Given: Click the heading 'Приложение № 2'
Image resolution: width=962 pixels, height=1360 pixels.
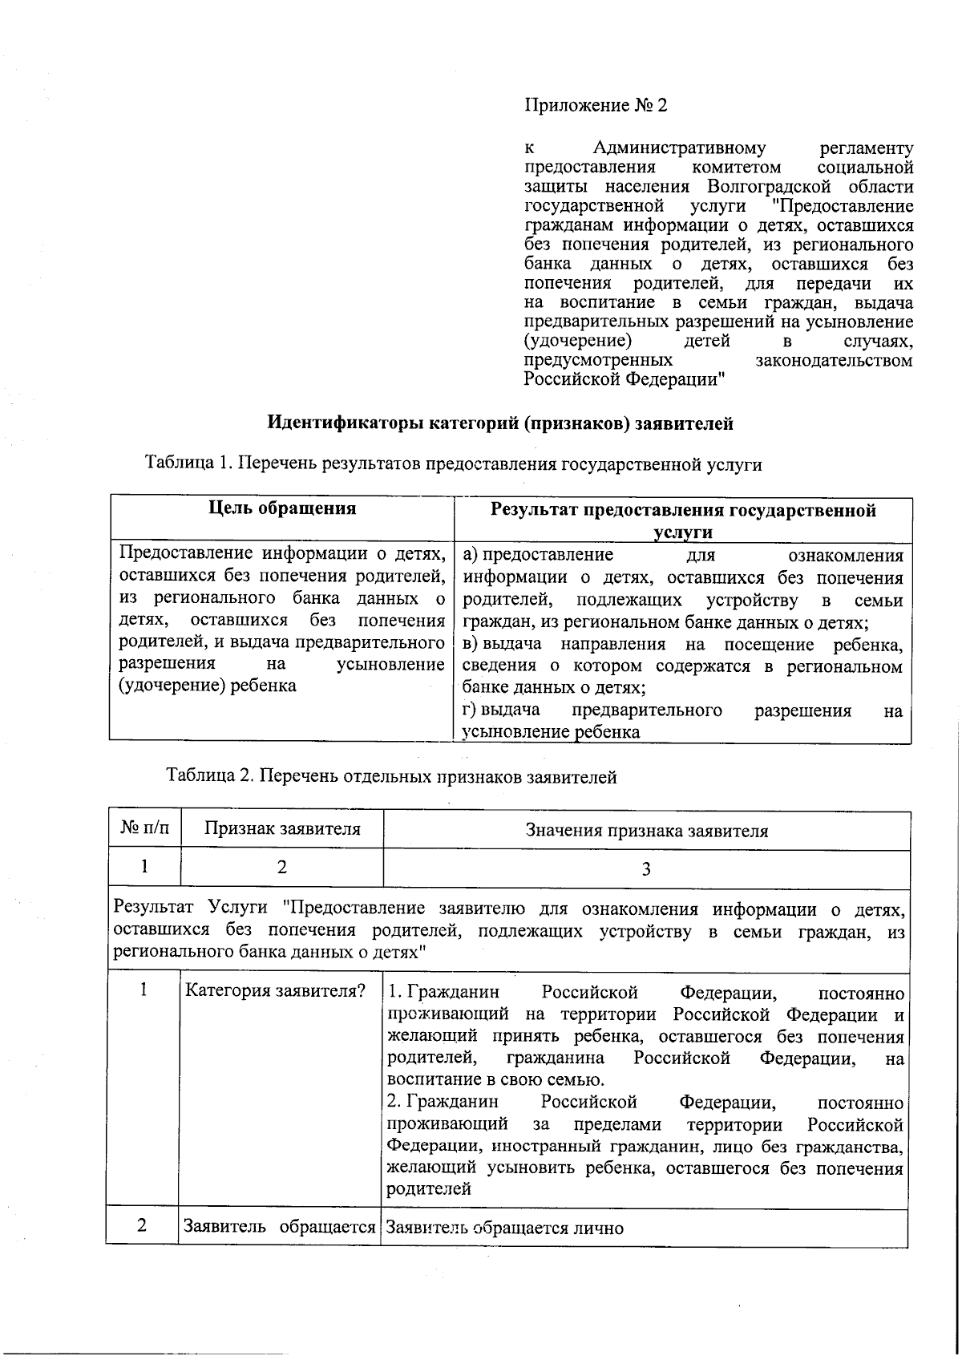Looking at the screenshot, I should [595, 106].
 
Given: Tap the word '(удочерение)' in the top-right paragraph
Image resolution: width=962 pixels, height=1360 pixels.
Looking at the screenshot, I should [572, 341].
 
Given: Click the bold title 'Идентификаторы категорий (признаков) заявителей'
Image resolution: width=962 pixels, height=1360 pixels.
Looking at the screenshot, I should [499, 423].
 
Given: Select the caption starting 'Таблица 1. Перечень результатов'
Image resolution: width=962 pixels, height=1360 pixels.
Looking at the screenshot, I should [453, 463].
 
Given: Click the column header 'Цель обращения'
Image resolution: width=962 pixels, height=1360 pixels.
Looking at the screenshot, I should [282, 508].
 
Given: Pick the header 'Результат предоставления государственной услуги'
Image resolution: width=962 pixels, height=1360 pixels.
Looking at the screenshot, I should [682, 520].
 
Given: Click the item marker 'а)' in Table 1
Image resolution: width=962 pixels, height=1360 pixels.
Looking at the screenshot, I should [471, 555].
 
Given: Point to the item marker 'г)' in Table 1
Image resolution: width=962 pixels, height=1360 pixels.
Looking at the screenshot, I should [471, 710].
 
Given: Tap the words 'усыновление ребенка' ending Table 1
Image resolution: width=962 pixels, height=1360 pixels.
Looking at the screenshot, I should [551, 732].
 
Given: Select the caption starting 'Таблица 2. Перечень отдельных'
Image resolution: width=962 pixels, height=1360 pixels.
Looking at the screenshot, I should [391, 776].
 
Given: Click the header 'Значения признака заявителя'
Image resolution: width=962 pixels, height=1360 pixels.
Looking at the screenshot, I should [646, 831].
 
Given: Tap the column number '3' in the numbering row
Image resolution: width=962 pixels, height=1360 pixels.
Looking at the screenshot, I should [646, 869].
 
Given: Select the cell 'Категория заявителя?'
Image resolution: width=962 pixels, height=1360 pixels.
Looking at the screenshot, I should [275, 991].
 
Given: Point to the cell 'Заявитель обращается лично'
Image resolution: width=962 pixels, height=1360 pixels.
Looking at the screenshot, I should [505, 1228].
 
